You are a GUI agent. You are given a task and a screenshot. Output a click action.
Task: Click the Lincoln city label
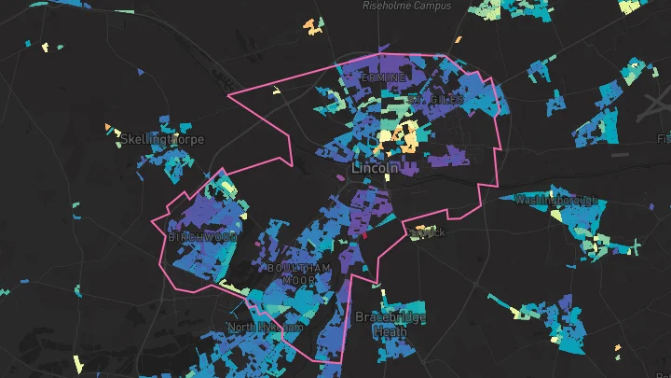376,169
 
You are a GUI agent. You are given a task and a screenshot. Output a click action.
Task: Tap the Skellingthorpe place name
162,139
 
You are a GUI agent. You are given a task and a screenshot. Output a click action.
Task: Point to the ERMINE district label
384,77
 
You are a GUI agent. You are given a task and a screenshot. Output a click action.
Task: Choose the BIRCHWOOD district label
202,237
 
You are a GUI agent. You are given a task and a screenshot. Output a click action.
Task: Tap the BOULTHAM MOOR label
299,273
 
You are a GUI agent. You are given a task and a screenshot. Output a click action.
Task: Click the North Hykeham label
266,328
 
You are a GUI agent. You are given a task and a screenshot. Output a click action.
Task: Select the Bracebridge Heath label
390,324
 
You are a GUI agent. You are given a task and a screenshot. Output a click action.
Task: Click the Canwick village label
430,231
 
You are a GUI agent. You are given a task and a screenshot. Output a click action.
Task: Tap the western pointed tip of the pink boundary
227,94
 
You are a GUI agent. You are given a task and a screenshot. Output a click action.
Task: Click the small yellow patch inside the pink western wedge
276,91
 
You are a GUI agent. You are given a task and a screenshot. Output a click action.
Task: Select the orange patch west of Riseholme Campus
313,27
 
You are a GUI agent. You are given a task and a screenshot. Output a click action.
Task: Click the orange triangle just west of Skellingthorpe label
109,127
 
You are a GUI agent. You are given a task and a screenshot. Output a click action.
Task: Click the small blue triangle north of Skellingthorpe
141,71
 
